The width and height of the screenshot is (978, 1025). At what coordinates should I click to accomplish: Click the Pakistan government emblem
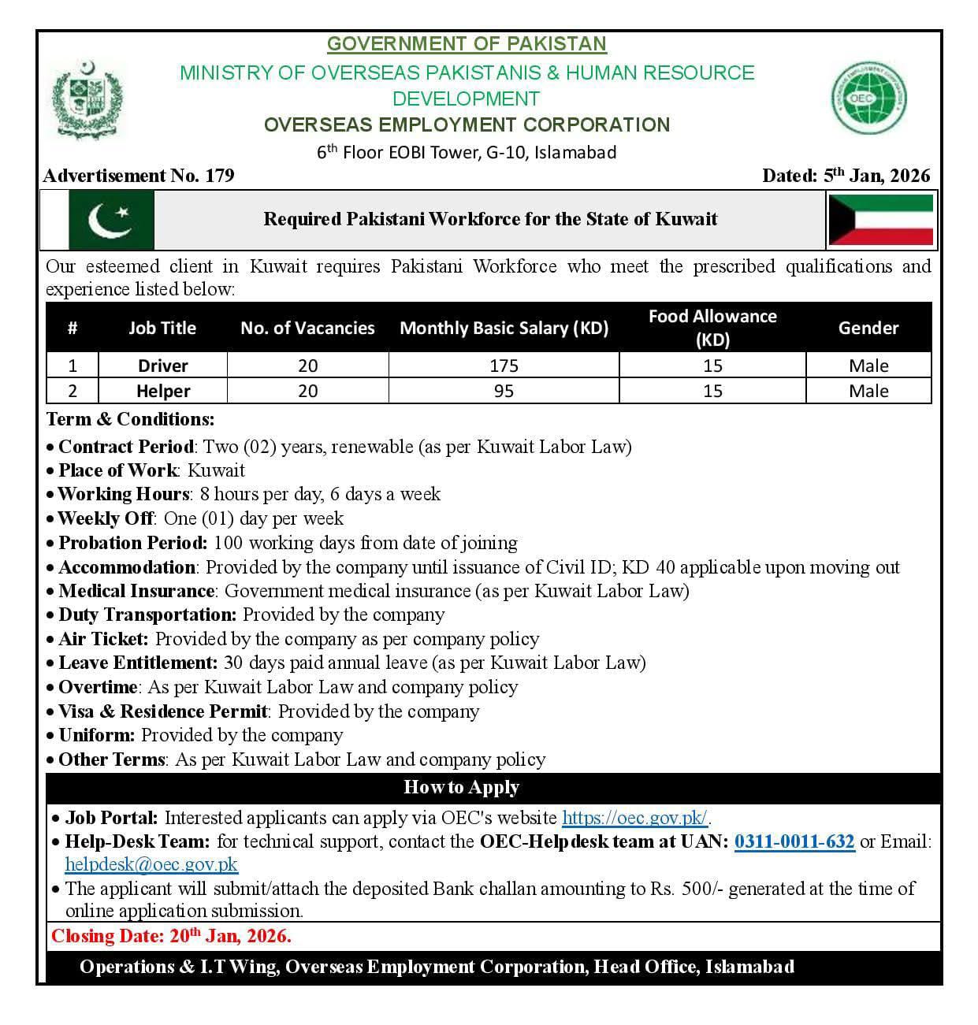pos(87,98)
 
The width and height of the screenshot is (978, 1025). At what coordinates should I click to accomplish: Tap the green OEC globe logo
pos(869,98)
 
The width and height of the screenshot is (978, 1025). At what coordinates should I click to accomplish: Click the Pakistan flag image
pos(111,220)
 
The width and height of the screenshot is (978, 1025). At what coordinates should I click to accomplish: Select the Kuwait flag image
pos(880,220)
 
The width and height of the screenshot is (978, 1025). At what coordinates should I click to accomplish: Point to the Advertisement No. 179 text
pos(139,176)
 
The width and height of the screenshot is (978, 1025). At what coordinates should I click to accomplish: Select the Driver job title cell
pos(162,366)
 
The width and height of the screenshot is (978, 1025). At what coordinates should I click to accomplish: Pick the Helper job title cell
pos(162,391)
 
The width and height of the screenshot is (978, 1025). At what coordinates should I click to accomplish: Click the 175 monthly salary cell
pos(504,366)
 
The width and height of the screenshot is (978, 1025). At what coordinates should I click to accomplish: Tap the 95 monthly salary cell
pos(504,391)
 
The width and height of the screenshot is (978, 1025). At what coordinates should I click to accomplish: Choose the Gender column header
pos(868,328)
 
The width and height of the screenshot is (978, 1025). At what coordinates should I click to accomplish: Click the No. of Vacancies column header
pos(307,328)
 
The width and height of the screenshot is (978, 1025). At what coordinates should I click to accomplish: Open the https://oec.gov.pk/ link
pos(634,818)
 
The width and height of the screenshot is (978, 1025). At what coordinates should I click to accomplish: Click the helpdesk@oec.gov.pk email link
pos(151,863)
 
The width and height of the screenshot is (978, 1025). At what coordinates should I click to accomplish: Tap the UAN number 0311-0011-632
pos(794,841)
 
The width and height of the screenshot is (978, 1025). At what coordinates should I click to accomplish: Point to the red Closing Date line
pos(171,936)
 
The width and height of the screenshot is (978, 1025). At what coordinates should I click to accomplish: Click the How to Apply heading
pos(461,787)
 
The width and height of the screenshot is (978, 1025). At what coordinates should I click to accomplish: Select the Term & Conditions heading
pos(130,418)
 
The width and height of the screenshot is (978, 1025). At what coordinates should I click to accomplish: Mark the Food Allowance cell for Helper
pos(712,391)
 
